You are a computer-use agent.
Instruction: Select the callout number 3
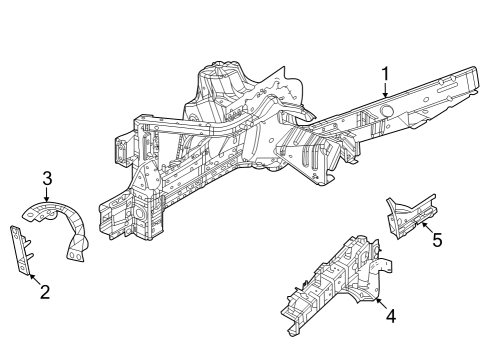coord(46,179)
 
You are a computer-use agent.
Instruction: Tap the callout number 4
coord(390,316)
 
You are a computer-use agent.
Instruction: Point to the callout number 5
coord(436,240)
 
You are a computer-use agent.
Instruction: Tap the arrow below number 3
coord(46,196)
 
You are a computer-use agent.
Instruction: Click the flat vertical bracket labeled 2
coord(20,250)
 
